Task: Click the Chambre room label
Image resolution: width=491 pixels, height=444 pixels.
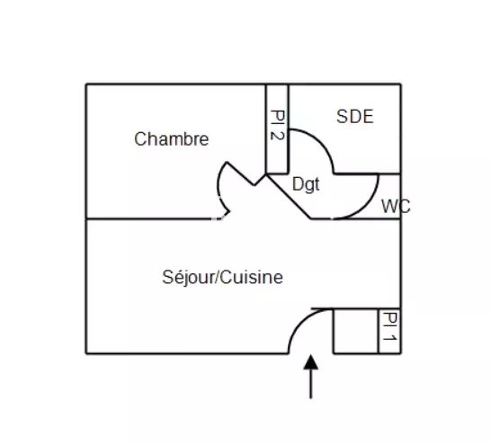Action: click(171, 139)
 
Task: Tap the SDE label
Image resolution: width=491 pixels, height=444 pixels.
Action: click(355, 117)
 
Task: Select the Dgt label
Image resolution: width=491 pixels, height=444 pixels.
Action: click(306, 184)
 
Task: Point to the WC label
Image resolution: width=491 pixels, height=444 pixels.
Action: click(396, 207)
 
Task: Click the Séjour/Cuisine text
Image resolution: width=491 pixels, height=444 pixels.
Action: click(223, 277)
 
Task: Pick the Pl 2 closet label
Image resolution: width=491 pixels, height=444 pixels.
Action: click(278, 125)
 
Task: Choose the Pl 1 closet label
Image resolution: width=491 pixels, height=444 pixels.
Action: click(390, 326)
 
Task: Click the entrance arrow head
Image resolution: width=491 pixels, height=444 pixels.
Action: click(310, 362)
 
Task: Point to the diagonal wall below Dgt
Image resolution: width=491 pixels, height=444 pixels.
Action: click(289, 197)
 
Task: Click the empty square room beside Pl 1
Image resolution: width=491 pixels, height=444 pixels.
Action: click(356, 332)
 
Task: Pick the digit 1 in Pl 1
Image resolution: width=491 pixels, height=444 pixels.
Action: click(390, 338)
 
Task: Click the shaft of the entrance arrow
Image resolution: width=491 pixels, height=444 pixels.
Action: click(310, 385)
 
